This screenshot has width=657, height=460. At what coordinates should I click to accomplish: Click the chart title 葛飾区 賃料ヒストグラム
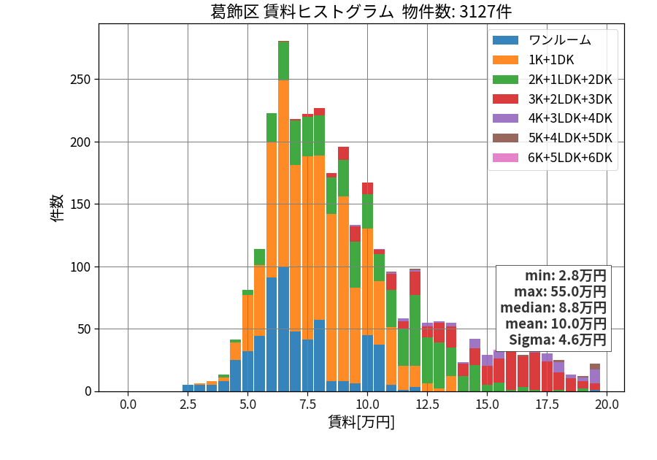pos(301,11)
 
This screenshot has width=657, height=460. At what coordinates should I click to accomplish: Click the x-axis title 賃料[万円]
pos(361,421)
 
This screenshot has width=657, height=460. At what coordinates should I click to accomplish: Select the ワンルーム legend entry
pos(542,40)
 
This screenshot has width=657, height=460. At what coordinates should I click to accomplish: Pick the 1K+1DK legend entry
pos(533,60)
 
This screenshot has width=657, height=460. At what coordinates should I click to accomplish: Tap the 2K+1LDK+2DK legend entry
pos(553,80)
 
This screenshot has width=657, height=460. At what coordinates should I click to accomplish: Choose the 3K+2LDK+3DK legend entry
pos(553,99)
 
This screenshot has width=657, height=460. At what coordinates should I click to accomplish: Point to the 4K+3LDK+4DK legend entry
pos(553,118)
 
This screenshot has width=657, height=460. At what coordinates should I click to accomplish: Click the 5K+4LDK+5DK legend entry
pos(553,138)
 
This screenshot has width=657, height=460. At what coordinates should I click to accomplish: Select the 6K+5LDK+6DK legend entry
pos(553,158)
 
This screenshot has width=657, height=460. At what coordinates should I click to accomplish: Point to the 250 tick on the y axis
pos(80,80)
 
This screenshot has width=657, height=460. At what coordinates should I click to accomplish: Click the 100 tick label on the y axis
pos(80,267)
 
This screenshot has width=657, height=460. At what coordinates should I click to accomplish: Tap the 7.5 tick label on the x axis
pos(307,405)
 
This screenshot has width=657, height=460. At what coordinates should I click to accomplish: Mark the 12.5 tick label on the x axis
pos(427,405)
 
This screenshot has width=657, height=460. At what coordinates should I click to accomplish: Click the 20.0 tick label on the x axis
pos(607,405)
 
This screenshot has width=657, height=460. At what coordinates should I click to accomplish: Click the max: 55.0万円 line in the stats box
pos(560,291)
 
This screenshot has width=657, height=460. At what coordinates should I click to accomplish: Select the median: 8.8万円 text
pos(553,307)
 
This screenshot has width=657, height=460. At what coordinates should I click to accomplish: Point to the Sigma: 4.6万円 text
pos(557,340)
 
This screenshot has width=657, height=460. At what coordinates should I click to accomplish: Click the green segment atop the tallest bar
pos(284,61)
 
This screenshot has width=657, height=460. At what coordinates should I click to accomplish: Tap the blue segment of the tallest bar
pos(284,329)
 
